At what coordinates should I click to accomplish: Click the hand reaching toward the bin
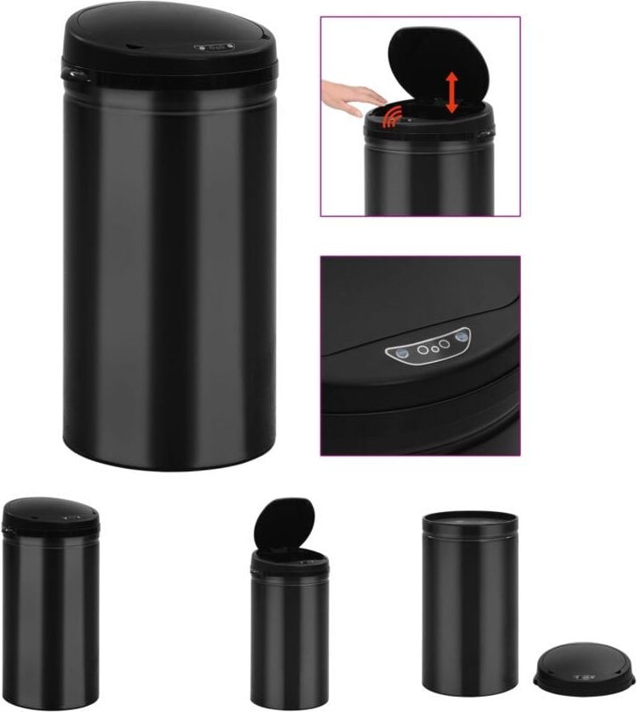[352, 96]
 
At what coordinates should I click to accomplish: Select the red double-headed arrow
[452, 92]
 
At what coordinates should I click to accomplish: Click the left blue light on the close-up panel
[403, 354]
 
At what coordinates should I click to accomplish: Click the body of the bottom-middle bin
[289, 634]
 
